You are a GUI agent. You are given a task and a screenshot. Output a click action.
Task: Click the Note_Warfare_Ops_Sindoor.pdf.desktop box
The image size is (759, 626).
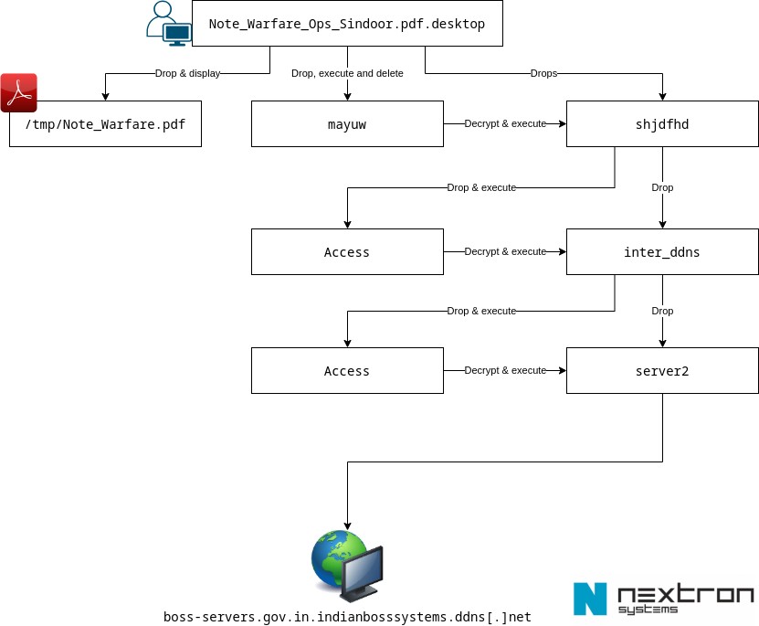[347, 24]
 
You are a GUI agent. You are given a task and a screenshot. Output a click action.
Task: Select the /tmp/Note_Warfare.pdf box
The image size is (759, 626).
[105, 124]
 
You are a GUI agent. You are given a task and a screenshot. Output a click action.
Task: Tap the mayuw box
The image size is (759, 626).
[347, 124]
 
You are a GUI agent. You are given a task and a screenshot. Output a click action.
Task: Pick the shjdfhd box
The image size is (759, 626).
[662, 124]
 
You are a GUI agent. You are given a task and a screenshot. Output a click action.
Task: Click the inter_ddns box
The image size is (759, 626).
[662, 252]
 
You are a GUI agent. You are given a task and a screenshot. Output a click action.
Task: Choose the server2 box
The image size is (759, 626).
[662, 371]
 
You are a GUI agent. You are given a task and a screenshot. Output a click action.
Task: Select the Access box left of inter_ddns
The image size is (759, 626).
[347, 252]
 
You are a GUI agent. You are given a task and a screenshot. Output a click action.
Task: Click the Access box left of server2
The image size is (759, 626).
[347, 371]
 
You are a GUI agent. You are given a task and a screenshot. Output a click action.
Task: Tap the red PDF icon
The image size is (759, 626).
[18, 92]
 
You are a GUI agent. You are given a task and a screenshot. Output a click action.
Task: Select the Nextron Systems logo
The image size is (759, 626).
[663, 599]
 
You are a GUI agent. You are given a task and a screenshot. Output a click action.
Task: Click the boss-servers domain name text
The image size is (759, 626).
[347, 617]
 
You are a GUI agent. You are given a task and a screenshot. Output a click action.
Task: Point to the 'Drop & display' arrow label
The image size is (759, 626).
[187, 73]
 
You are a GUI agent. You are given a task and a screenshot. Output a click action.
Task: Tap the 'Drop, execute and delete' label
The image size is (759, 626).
[347, 73]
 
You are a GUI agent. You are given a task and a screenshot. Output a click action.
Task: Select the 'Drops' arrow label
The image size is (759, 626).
[543, 73]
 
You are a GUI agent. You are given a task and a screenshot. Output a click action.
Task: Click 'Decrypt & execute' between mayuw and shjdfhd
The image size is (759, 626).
[505, 123]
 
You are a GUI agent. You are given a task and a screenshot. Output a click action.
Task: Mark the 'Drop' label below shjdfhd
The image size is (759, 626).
[662, 187]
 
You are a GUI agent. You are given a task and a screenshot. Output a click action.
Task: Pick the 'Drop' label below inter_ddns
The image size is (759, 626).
[662, 311]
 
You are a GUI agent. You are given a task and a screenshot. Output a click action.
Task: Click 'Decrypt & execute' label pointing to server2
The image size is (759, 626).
[505, 370]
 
